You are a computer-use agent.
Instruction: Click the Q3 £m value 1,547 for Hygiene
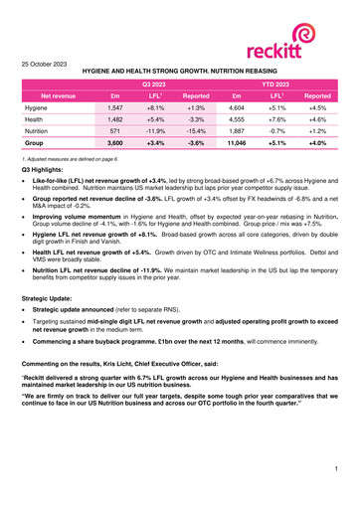(113, 117)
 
